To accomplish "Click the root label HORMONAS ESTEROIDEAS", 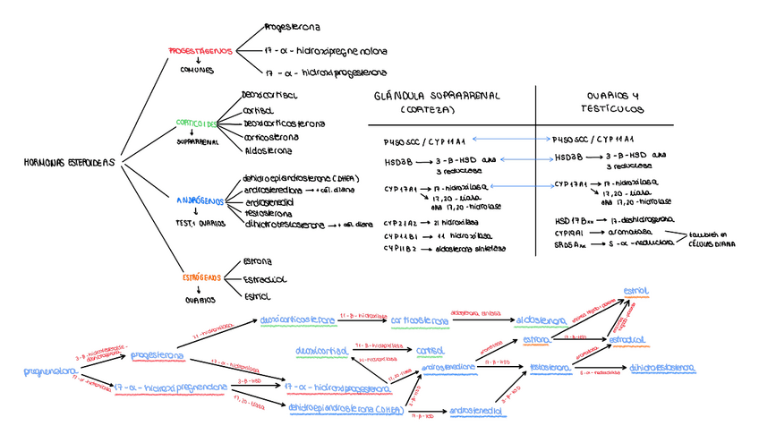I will coord(71,163).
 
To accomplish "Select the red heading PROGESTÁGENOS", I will coord(200,51).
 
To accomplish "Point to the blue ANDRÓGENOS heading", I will coord(199,201).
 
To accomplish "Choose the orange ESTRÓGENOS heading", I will coord(200,278).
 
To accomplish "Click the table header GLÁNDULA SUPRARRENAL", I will coord(438,95).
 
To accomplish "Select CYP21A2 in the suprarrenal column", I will coord(400,222).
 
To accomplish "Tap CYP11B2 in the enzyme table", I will coord(400,249).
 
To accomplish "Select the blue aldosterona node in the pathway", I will coord(540,320).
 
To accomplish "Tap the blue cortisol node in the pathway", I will coord(431,350).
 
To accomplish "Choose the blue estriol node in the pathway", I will coord(636,291).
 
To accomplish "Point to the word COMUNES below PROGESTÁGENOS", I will coord(197,70).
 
